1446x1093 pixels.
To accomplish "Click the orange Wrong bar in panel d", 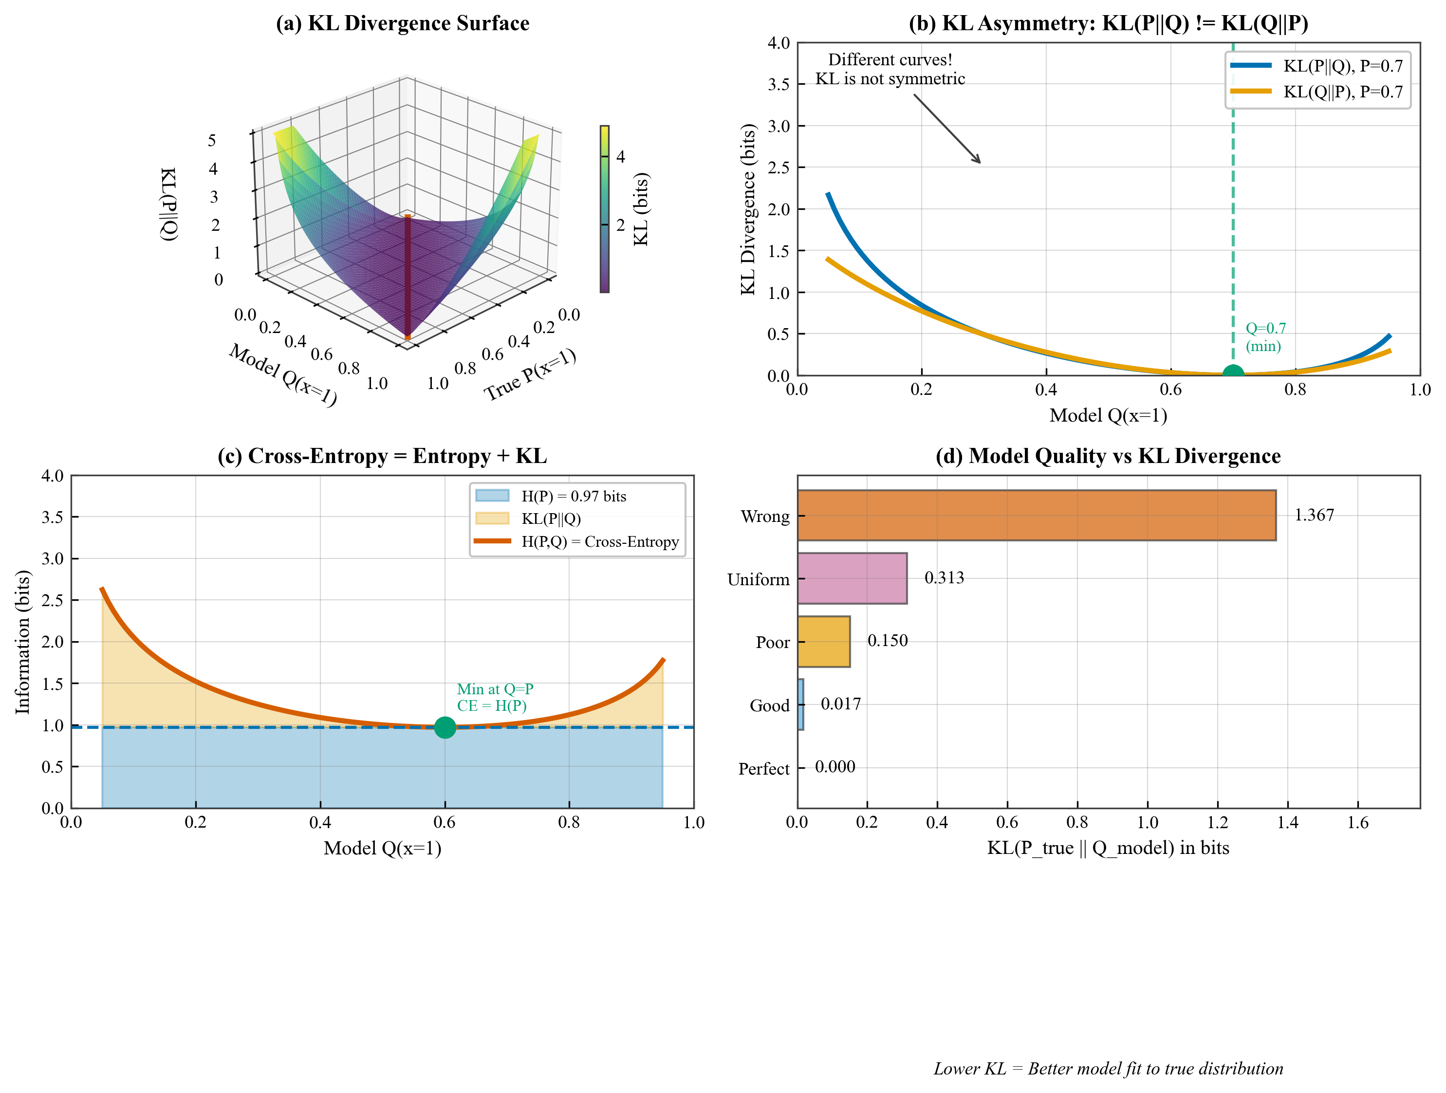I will pos(1036,515).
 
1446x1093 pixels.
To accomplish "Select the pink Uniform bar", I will pos(852,578).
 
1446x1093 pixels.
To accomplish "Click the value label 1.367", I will pos(1314,515).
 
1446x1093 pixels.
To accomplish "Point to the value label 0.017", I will pos(841,704).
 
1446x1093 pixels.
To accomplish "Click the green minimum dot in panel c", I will pos(445,727).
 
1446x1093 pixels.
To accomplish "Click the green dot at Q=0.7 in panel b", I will pos(1233,374).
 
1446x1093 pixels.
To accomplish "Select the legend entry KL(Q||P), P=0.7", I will pos(1343,92).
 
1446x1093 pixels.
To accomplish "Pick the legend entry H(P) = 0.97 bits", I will pos(574,496).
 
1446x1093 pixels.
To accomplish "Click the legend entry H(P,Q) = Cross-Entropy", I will pos(599,542).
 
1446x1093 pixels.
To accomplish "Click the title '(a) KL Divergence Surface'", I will pos(402,23).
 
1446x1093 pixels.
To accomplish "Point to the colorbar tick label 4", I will pos(620,157).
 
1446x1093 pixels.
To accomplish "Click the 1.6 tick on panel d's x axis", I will pos(1358,822).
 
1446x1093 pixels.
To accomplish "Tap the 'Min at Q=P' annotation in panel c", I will pos(495,689).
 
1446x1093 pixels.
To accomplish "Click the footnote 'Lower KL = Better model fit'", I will pos(1108,1069).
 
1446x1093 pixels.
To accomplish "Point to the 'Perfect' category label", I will pos(763,769).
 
